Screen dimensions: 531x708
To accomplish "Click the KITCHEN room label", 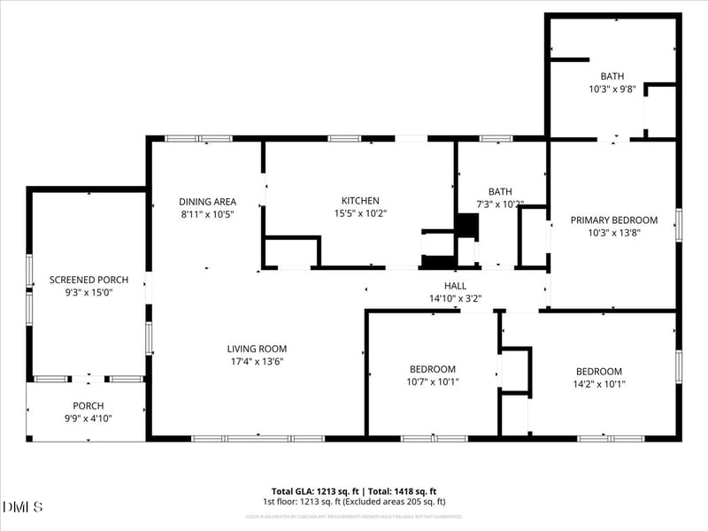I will (360, 201).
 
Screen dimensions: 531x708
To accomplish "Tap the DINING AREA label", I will (207, 201).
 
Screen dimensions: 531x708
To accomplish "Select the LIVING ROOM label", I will (257, 349).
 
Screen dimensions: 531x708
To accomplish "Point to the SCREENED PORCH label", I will (88, 280).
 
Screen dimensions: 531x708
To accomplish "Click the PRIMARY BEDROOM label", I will (614, 220).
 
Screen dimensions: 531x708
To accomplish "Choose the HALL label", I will (455, 286).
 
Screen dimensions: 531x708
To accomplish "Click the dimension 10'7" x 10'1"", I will (433, 382).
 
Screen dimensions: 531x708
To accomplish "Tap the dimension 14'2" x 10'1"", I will (599, 383).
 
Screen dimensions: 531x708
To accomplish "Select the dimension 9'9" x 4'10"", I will (88, 419).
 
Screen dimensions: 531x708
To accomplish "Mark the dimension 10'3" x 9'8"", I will (612, 88).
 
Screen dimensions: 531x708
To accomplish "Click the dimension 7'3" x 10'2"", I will (499, 204).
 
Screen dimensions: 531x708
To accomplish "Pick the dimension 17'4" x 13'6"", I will (257, 361).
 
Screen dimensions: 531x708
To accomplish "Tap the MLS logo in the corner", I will (23, 506).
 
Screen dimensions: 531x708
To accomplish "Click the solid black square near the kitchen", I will (467, 225).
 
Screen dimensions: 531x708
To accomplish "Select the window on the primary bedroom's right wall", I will (679, 225).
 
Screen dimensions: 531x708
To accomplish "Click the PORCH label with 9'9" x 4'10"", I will (88, 406).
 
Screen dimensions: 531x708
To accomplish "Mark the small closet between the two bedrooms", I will (514, 370).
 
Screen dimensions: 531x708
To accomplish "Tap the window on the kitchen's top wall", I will (344, 139).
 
